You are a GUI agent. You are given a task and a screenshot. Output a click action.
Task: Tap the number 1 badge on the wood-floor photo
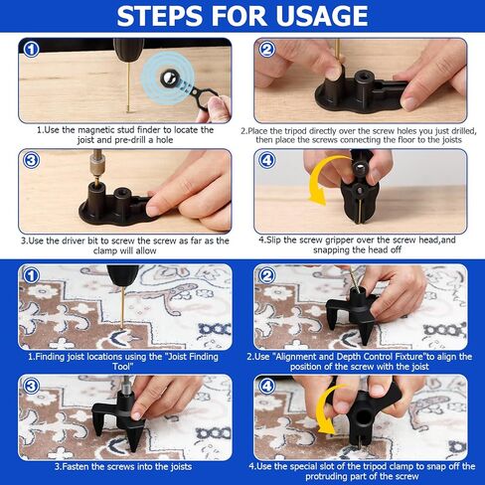point(32,50)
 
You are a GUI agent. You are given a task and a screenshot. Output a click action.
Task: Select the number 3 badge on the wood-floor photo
point(32,160)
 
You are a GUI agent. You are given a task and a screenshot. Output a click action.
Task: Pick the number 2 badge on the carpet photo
point(267,275)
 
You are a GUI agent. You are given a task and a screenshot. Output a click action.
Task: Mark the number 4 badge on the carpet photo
point(267,386)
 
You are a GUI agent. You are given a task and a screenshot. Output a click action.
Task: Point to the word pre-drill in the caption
point(129,140)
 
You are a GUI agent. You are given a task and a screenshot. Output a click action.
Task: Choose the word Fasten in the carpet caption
point(76,467)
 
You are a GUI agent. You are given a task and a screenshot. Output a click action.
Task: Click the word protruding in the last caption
point(328,477)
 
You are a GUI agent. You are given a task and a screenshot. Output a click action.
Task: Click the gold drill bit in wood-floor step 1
point(128,87)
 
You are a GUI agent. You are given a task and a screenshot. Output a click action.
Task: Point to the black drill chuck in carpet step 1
point(122,276)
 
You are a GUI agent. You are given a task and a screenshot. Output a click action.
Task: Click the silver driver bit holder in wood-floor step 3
point(97,162)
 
